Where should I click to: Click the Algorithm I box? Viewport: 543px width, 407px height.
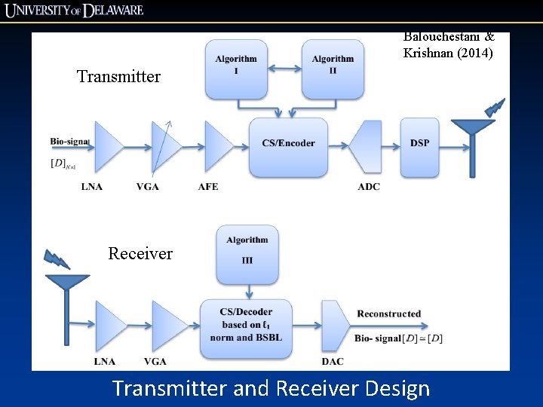(236, 69)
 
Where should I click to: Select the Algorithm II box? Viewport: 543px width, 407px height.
(333, 69)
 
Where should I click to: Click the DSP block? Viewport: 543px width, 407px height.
(419, 143)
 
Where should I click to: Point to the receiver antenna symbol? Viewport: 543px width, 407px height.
(66, 301)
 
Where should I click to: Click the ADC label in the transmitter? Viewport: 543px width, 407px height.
(369, 186)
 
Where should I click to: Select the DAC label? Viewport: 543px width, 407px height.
(332, 362)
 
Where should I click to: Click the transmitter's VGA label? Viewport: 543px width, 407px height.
(148, 186)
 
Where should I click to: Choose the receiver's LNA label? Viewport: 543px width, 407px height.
(105, 362)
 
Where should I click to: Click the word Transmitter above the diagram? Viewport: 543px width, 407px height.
(119, 76)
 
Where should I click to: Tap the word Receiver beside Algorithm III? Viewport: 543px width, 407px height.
(140, 253)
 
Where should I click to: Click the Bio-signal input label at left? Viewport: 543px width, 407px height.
(69, 141)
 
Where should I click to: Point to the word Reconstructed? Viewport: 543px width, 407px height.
(388, 314)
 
